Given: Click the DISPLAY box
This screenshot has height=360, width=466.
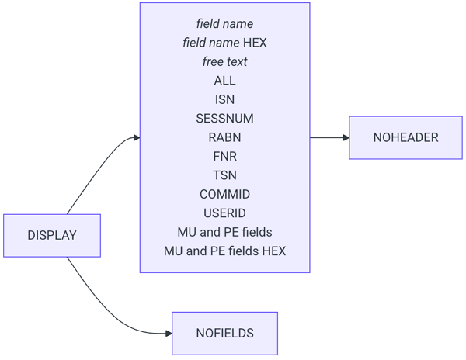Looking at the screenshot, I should coord(52,235).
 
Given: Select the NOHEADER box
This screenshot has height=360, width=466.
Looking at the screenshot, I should coord(405,137).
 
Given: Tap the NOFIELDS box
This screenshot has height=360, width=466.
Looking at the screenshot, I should coord(224,333).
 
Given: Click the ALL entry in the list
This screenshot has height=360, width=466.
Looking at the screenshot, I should coord(224,81).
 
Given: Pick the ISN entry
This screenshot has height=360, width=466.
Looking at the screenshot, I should coord(224,99).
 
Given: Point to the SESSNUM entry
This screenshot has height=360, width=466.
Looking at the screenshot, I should coord(224,119).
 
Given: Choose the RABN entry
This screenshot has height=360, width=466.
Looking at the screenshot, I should coord(224,137).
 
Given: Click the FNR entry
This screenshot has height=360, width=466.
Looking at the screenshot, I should coord(224,156).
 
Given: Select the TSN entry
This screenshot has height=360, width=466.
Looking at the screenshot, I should coord(224,175).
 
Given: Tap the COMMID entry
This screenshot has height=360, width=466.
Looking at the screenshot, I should coord(224,194).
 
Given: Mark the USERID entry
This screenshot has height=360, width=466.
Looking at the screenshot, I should coord(224,213).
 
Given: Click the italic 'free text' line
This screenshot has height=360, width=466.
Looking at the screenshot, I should coord(224,62).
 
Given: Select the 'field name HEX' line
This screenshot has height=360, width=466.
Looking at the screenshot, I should coord(224,43).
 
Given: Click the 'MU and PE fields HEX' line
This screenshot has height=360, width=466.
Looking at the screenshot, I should coord(224,251).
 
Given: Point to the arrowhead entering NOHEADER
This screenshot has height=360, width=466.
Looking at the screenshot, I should coord(345,137).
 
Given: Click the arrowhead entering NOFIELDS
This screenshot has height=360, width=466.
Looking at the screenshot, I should coord(168,333).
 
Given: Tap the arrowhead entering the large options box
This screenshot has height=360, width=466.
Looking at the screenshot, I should coord(136,137).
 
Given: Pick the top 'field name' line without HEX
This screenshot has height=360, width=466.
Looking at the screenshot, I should coord(224,24).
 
